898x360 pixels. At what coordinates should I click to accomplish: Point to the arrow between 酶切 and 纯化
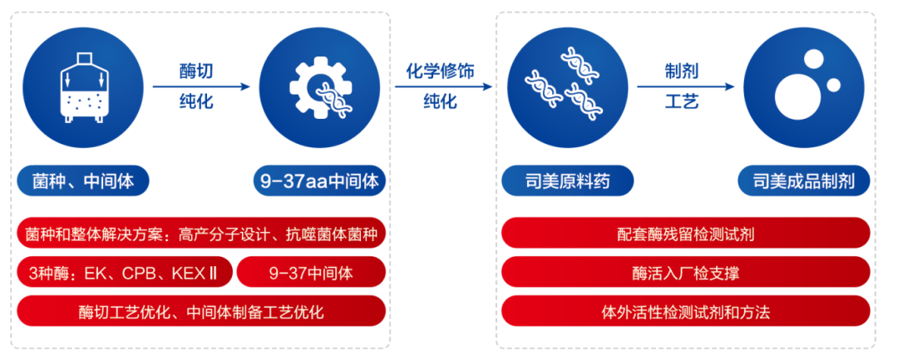pyautogui.click(x=200, y=86)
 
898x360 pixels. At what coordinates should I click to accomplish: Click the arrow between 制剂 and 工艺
pyautogui.click(x=685, y=86)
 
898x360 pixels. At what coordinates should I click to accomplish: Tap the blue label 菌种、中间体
pyautogui.click(x=81, y=180)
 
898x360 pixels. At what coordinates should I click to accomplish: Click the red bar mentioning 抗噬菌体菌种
pyautogui.click(x=200, y=234)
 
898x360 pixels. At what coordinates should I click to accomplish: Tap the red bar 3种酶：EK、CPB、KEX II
pyautogui.click(x=123, y=272)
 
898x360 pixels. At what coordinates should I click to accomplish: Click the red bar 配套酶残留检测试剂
pyautogui.click(x=686, y=234)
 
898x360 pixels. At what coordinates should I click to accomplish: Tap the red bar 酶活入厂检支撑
pyautogui.click(x=686, y=272)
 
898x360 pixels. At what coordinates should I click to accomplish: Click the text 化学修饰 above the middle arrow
pyautogui.click(x=440, y=72)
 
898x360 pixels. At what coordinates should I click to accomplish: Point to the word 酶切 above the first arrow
pyautogui.click(x=196, y=72)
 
